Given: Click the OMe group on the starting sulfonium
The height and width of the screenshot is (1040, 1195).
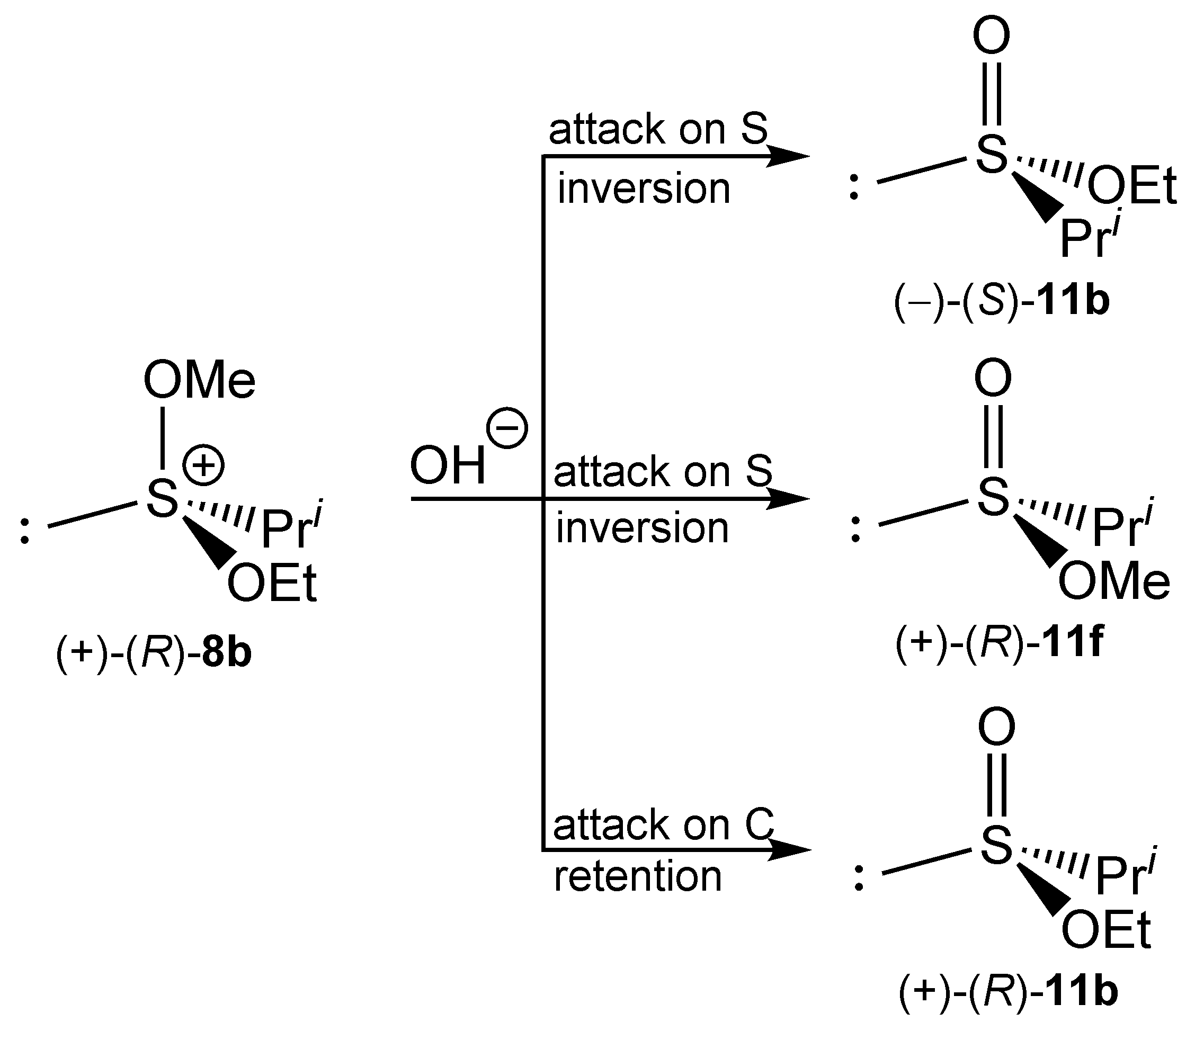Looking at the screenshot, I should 199,381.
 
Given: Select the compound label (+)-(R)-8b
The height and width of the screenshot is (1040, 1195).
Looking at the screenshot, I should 154,652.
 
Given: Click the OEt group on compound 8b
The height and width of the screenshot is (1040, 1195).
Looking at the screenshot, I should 272,583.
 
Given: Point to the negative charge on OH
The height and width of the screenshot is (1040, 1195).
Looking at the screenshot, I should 507,428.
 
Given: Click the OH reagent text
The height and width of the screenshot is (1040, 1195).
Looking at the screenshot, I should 448,466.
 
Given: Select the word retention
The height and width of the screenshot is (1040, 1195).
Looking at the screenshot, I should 637,876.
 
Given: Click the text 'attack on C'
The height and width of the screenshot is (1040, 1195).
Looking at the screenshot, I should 663,824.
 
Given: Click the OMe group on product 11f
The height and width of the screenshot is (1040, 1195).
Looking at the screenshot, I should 1114,582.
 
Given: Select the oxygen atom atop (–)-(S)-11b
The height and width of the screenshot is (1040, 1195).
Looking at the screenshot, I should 991,36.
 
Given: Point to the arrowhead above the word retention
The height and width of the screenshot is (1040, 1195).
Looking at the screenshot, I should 789,850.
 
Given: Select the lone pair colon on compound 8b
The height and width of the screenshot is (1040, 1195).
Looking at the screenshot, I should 24,531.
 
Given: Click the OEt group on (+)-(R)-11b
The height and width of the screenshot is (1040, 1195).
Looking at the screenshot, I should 1106,930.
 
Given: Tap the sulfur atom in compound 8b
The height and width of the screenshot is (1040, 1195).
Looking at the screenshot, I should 162,498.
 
